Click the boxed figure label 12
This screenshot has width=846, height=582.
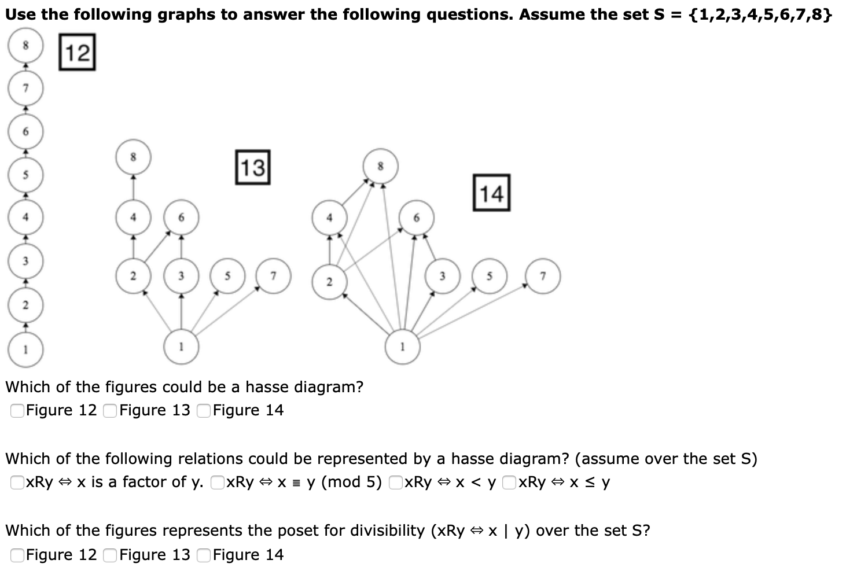point(77,53)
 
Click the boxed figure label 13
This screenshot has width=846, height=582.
point(253,167)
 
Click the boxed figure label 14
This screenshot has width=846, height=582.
point(491,193)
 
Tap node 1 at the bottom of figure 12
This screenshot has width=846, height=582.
point(25,349)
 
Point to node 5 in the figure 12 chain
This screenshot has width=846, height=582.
point(25,175)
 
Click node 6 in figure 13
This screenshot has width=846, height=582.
point(181,218)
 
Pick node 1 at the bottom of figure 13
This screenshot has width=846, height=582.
point(181,347)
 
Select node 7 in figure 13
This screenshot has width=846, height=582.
point(274,276)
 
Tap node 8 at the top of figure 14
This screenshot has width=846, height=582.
point(380,166)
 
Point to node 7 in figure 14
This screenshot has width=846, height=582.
point(542,276)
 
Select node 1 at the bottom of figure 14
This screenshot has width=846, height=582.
point(403,347)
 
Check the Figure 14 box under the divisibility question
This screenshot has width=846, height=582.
point(204,555)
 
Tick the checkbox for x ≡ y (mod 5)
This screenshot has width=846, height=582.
point(218,482)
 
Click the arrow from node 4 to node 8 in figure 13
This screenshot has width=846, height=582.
point(133,187)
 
